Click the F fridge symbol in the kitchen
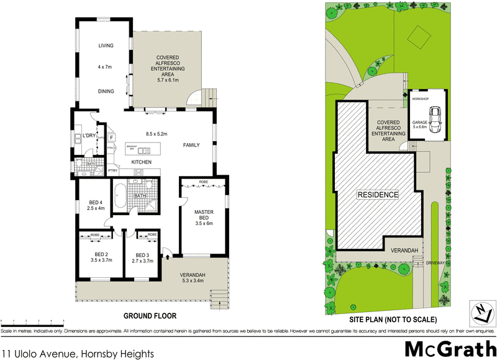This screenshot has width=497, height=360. pos(111,137)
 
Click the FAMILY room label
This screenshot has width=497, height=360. pos(192,145)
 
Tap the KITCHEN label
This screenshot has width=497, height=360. pos(142,162)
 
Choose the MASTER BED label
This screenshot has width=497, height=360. pos(204,218)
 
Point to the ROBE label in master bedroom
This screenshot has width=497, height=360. pos(204,182)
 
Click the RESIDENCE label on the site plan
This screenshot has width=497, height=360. pos(377,195)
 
